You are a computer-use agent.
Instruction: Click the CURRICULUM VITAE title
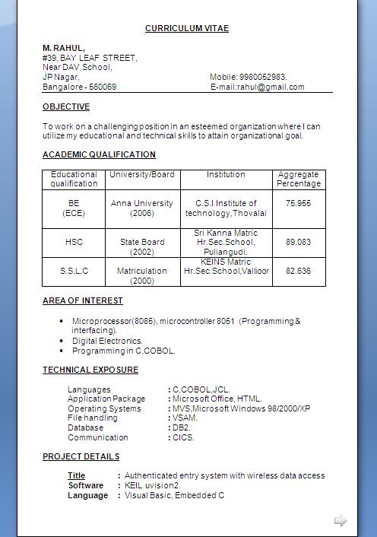(187, 28)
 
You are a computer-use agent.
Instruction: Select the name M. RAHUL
(64, 48)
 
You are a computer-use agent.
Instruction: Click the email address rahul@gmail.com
(271, 87)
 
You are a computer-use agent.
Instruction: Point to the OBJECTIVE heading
(66, 106)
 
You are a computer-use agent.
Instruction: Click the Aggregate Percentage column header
(298, 179)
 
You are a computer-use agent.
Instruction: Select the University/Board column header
(142, 175)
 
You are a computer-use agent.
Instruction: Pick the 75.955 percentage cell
(298, 203)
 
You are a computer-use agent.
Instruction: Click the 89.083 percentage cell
(298, 242)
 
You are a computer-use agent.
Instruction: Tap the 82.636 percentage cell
(298, 271)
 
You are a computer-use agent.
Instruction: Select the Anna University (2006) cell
(142, 208)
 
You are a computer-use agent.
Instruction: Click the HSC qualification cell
(74, 242)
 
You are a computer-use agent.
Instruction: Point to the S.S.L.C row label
(74, 271)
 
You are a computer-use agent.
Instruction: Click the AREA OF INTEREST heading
(82, 300)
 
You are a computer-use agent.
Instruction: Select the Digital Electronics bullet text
(107, 342)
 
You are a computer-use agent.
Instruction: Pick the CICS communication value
(183, 437)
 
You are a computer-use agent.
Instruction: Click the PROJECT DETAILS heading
(81, 456)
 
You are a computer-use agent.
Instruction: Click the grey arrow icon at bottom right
(341, 521)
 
